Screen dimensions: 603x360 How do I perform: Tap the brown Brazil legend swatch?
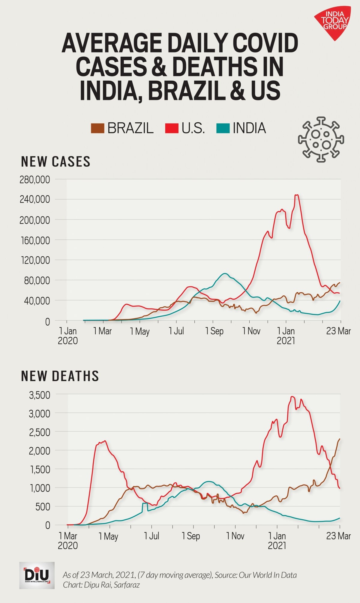[97, 128]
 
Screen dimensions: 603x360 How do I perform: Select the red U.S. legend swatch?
[172, 128]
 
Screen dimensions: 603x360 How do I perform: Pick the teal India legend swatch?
[223, 128]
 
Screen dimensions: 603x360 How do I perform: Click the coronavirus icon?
[321, 139]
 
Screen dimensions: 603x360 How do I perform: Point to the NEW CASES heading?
[55, 162]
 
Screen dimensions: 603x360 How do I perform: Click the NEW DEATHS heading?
[60, 376]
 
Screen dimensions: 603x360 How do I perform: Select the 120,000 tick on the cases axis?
[35, 260]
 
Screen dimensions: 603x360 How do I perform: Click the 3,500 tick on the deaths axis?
[39, 395]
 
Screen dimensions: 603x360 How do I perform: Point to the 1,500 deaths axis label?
[39, 470]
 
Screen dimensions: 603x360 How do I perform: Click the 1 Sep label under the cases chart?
[214, 331]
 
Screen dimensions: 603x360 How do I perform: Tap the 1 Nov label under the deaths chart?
[235, 536]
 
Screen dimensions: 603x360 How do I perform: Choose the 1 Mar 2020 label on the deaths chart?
[68, 540]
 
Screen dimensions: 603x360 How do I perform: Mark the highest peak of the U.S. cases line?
[297, 195]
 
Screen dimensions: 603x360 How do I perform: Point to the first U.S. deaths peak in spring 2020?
[104, 441]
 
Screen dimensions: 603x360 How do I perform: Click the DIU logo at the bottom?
[37, 575]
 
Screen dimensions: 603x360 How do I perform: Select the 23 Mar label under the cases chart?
[338, 331]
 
